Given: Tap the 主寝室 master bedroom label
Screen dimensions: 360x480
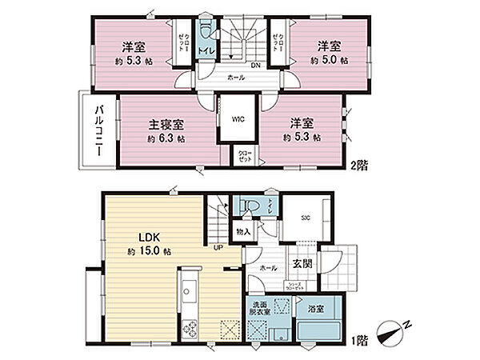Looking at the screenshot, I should click(166, 125).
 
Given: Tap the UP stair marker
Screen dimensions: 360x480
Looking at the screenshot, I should click(217, 247).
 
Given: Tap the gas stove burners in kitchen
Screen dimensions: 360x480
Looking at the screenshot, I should click(192, 327).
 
